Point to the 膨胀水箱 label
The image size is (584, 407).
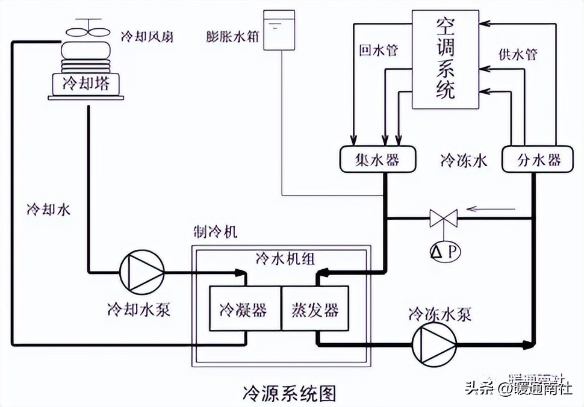point(232,37)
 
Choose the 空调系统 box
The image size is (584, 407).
point(445,59)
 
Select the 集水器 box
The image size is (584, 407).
point(377,160)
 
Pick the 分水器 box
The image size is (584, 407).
point(539,160)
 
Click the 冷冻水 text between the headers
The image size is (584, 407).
point(463,161)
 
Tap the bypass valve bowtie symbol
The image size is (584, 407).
point(444,217)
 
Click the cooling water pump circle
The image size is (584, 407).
point(141,272)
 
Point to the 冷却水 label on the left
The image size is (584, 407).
point(48,210)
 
